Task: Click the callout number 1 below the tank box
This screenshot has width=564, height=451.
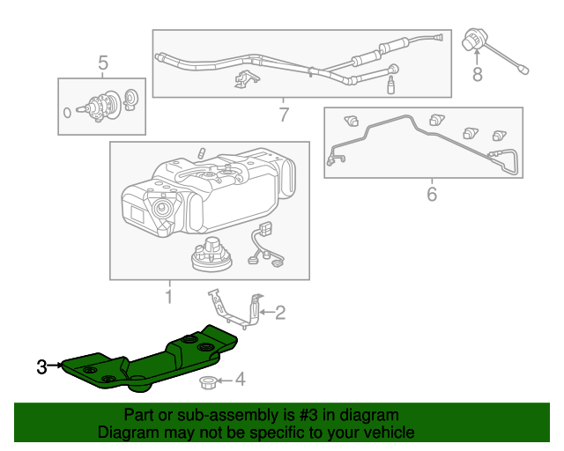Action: pos(168,297)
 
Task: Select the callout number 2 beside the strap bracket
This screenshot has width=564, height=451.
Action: pos(281,311)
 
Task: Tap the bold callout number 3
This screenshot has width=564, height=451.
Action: pos(41,366)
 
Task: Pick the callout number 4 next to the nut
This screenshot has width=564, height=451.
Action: pos(241,381)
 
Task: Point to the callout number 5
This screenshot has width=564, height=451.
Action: pos(102,63)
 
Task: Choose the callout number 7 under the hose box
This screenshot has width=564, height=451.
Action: pos(283,115)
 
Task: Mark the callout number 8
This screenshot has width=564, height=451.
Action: pos(478,75)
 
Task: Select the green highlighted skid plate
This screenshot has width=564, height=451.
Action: pos(159,359)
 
